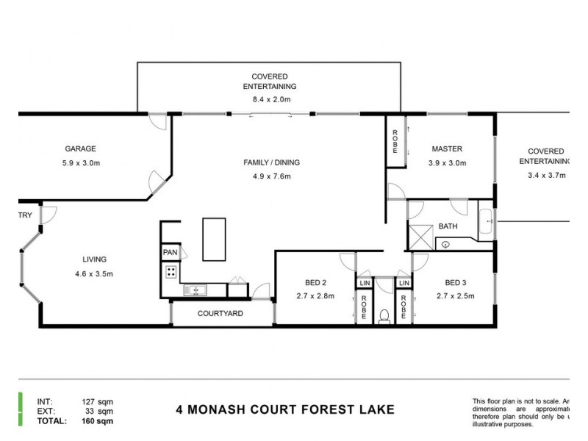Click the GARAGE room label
pyautogui.click(x=80, y=148)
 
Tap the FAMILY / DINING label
pyautogui.click(x=272, y=162)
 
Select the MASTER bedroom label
pyautogui.click(x=447, y=149)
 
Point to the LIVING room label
pyautogui.click(x=94, y=259)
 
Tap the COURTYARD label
pyautogui.click(x=220, y=314)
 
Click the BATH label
pyautogui.click(x=448, y=226)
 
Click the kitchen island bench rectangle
pyautogui.click(x=215, y=239)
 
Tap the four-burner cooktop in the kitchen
pyautogui.click(x=171, y=273)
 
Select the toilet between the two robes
pyautogui.click(x=383, y=317)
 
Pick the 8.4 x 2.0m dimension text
pyautogui.click(x=269, y=99)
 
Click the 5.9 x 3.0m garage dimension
pyautogui.click(x=80, y=163)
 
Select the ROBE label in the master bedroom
pyautogui.click(x=395, y=140)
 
